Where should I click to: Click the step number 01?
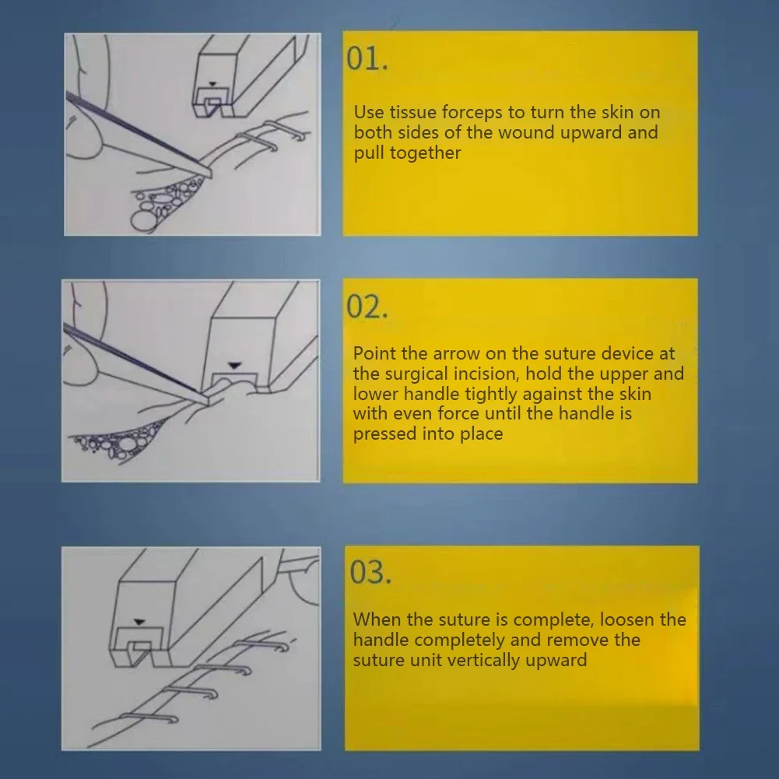pyautogui.click(x=367, y=58)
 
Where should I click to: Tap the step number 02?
pyautogui.click(x=367, y=307)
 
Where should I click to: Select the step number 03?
pyautogui.click(x=370, y=572)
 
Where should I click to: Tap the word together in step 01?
pyautogui.click(x=425, y=153)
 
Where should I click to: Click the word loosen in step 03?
pyautogui.click(x=626, y=619)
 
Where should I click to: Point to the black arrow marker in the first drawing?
pyautogui.click(x=212, y=85)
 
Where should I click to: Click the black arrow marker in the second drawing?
pyautogui.click(x=234, y=366)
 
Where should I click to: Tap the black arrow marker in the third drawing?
pyautogui.click(x=139, y=622)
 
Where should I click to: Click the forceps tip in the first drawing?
pyautogui.click(x=211, y=175)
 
